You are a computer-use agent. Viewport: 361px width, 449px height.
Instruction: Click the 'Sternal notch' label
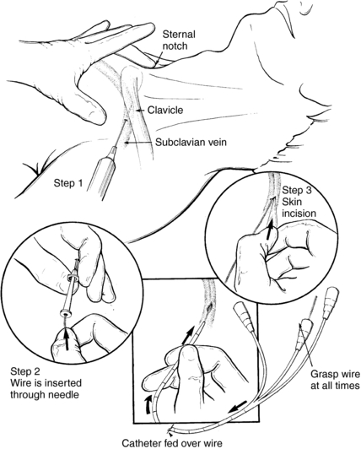tap(179, 41)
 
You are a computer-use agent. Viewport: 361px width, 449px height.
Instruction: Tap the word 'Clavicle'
tap(165, 110)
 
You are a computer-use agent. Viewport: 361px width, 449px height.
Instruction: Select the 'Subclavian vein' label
tap(191, 142)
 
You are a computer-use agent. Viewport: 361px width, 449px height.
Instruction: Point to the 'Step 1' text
tap(68, 183)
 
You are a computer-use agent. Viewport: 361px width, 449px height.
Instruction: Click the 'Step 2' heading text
tap(25, 371)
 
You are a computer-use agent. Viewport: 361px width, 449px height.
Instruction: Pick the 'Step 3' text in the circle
tap(297, 191)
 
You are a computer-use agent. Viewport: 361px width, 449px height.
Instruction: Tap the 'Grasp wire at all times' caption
tap(335, 380)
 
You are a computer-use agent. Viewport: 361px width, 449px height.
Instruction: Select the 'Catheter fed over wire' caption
tap(172, 443)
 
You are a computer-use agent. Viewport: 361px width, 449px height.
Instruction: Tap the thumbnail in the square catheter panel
tap(187, 357)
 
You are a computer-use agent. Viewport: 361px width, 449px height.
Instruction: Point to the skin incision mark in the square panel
tap(209, 308)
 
